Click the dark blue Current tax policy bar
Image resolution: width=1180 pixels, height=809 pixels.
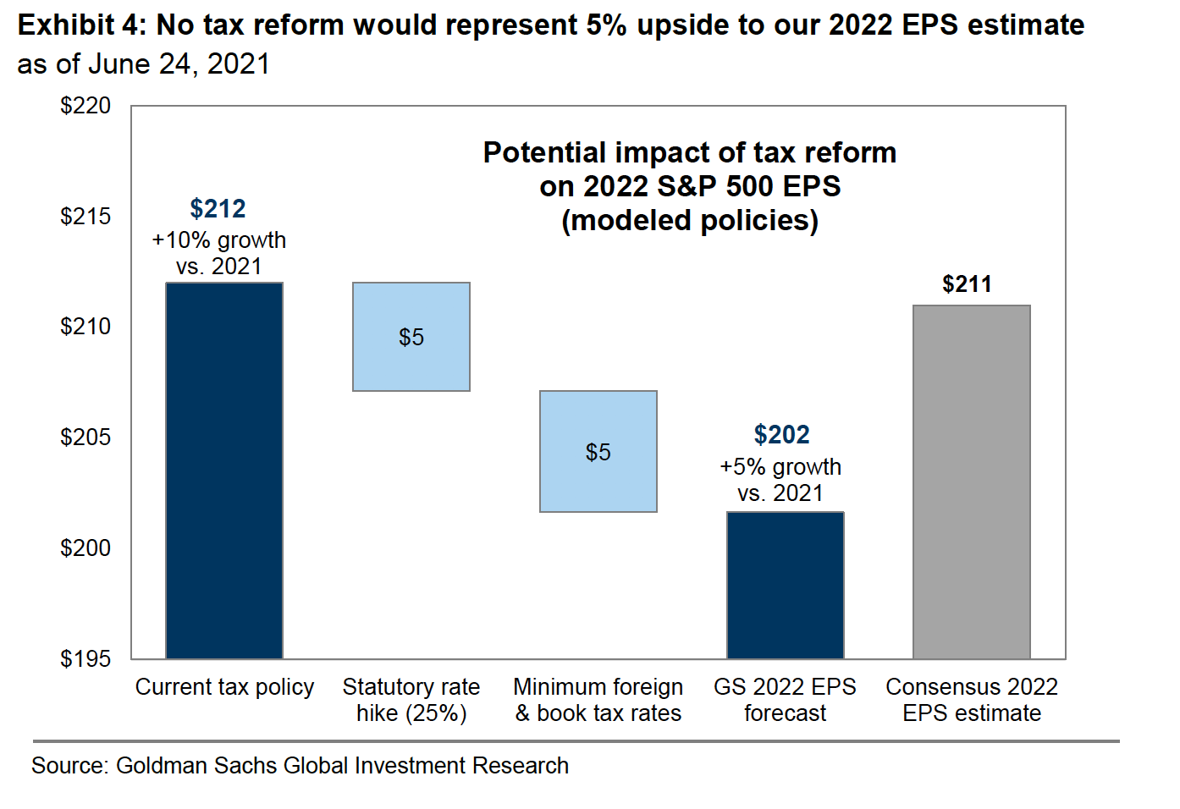tap(224, 471)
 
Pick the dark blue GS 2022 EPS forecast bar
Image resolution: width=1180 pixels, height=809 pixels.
tap(786, 585)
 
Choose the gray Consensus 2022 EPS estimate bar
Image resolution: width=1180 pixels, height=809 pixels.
tap(972, 482)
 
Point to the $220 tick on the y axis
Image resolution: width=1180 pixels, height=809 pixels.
tap(85, 106)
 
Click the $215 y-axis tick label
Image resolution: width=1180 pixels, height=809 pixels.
tap(85, 217)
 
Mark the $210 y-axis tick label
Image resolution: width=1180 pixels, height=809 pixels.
tap(85, 327)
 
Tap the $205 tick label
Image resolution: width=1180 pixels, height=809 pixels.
tap(85, 438)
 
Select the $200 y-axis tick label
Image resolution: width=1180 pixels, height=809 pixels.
tap(85, 548)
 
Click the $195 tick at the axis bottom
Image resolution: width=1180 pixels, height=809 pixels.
tap(85, 659)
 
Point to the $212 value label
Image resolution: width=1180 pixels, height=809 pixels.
tap(218, 208)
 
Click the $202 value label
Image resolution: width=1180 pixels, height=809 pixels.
tap(781, 435)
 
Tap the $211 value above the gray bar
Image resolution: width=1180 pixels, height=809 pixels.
tap(967, 284)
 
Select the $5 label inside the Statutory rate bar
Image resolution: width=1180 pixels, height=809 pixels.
tap(411, 338)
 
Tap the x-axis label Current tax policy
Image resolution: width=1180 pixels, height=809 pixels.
tap(224, 687)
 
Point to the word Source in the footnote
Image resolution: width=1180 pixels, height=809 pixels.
tap(69, 766)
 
